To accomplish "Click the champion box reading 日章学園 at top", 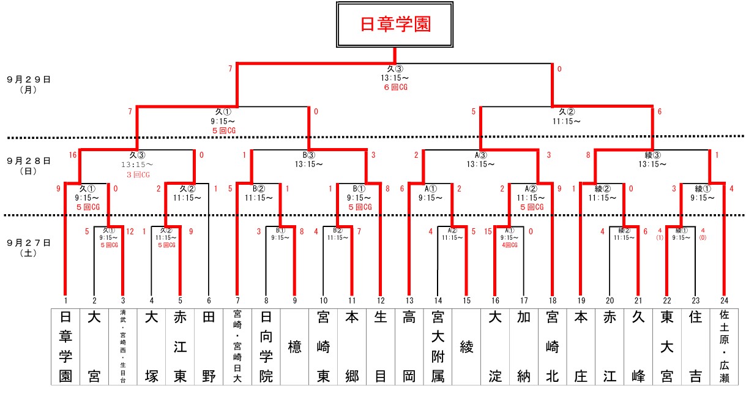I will [x=395, y=24].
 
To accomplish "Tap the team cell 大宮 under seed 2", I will [x=94, y=346].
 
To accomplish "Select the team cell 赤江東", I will [x=180, y=346].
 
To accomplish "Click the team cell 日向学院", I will [x=266, y=346].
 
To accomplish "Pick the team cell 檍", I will [x=295, y=347].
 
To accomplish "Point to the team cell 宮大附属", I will [x=438, y=346].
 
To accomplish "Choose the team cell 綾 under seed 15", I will [x=467, y=347].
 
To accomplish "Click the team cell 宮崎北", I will [x=553, y=346].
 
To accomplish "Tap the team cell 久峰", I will [x=638, y=346].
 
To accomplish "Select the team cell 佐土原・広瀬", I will [x=725, y=346].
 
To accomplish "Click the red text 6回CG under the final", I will [x=395, y=87].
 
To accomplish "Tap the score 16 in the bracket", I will [x=73, y=155].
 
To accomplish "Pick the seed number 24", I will [x=725, y=300].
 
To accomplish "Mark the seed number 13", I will [x=409, y=300].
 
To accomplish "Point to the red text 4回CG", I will [x=509, y=245].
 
